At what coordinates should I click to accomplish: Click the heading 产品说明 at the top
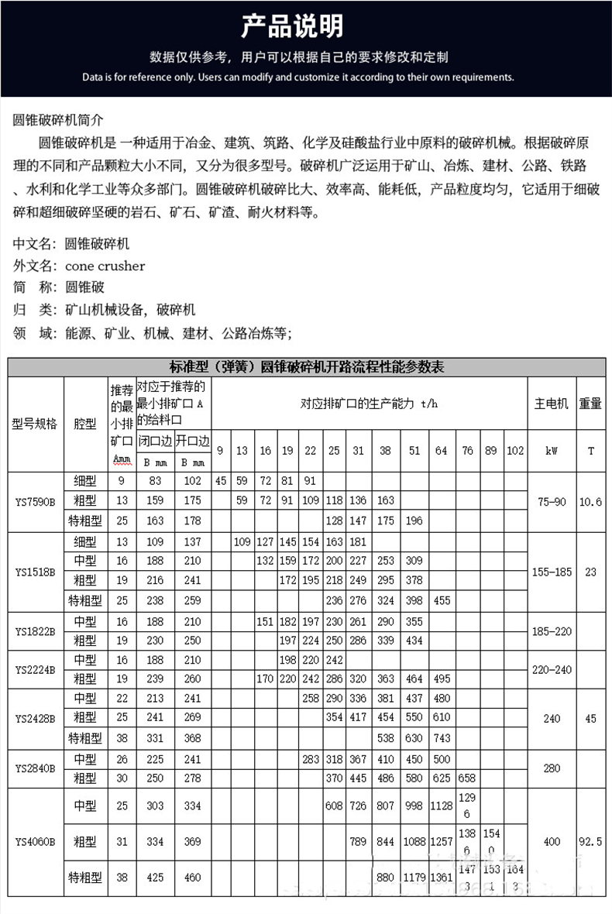point(291,26)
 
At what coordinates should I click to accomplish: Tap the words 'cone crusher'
point(105,266)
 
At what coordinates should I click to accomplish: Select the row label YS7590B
point(35,502)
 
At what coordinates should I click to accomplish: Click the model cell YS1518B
point(35,572)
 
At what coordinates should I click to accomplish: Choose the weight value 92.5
point(590,842)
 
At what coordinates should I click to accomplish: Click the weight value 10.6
point(590,502)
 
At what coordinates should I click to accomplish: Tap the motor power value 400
point(552,842)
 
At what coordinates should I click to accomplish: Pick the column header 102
point(514,451)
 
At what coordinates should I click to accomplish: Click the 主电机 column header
point(552,404)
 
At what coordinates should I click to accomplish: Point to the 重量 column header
point(590,404)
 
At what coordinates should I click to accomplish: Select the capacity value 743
point(441,738)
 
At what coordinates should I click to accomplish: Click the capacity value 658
point(467,778)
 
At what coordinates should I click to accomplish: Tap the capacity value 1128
point(441,806)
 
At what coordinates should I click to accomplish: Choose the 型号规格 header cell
point(35,424)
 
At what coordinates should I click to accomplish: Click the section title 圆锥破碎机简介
point(58,120)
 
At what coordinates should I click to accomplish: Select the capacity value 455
point(441,600)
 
